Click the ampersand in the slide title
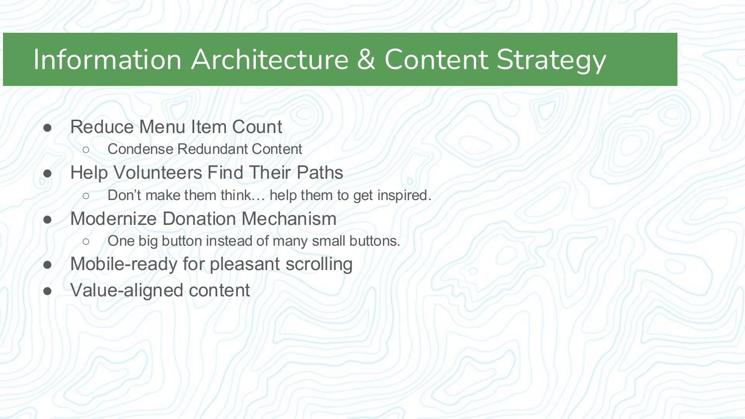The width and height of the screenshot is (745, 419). [x=366, y=60]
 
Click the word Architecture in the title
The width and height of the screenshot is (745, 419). [x=270, y=60]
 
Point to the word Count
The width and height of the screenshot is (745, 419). [x=257, y=127]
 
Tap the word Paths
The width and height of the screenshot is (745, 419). [x=320, y=173]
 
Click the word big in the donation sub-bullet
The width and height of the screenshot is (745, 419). [x=148, y=241]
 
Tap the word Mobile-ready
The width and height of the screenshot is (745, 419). [x=124, y=264]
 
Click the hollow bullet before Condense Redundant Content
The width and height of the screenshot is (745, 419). [x=85, y=149]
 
